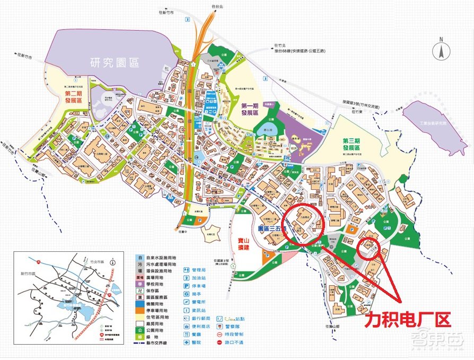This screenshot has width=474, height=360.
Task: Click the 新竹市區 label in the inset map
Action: pyautogui.click(x=28, y=274)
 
